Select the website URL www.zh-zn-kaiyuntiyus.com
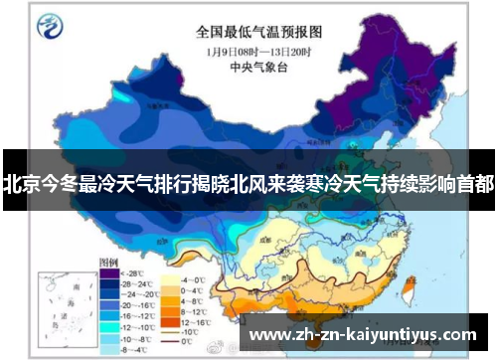pos(362,334)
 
